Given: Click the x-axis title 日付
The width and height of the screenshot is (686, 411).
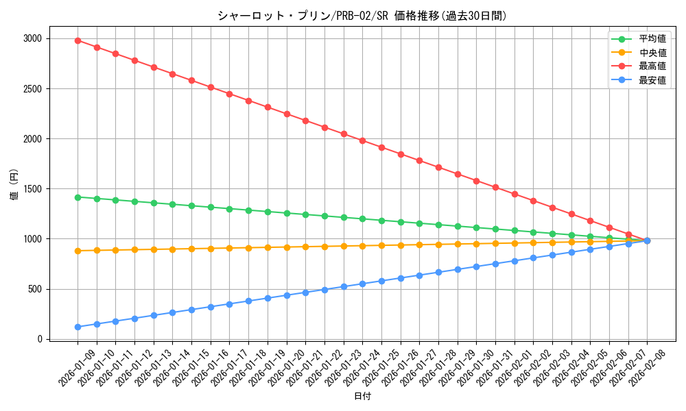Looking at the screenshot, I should [x=362, y=397].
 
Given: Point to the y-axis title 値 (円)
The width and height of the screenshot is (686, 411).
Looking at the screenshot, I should [x=14, y=186].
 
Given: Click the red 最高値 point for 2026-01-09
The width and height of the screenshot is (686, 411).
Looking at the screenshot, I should [x=78, y=40].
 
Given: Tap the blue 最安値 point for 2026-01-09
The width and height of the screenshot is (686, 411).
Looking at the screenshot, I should [x=78, y=327].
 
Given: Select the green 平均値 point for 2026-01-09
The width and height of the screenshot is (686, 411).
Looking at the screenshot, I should [x=78, y=197].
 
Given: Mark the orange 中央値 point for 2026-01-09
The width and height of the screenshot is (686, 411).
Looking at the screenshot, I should [x=78, y=251].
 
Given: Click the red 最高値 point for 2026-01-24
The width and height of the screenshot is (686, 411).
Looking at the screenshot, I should [x=362, y=140].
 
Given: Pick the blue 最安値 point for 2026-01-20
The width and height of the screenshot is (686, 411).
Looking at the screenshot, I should [x=287, y=295].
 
